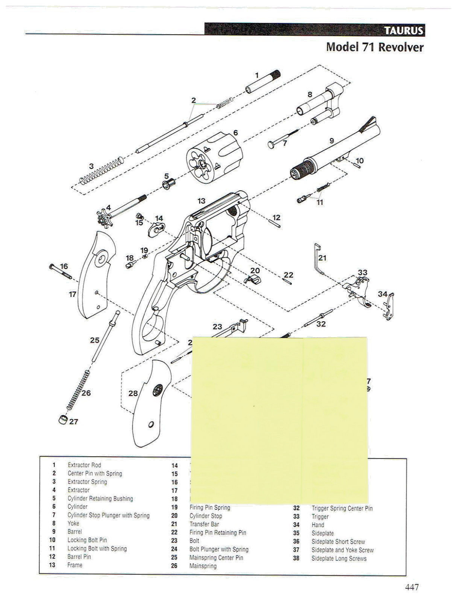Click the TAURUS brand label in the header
tap(403, 30)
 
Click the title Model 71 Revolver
tap(374, 47)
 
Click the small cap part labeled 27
tap(63, 420)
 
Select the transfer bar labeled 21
tap(318, 260)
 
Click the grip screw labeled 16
tap(60, 272)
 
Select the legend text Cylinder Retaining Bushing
tap(100, 499)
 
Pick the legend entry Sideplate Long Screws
tap(339, 558)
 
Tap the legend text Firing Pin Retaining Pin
tap(218, 532)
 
